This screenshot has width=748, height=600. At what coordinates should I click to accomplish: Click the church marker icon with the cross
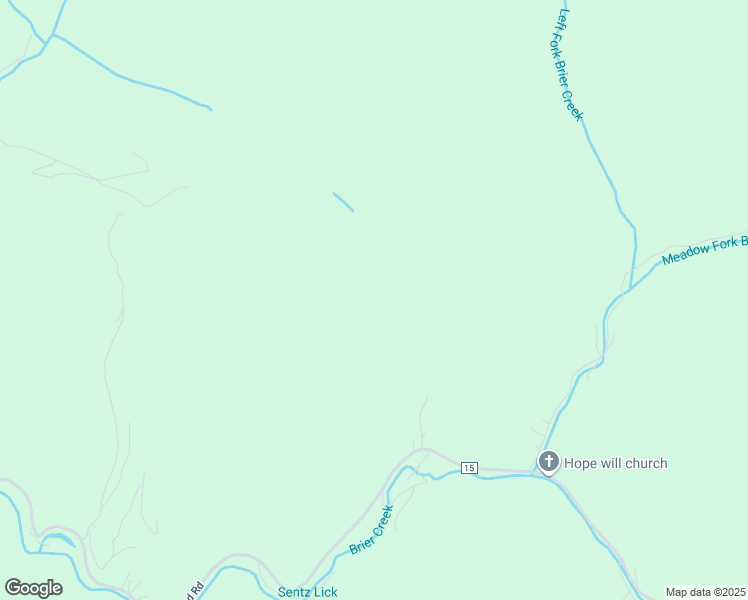(x=548, y=462)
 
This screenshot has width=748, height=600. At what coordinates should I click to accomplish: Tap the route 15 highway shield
(x=470, y=468)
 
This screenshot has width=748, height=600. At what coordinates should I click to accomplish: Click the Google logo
(x=33, y=588)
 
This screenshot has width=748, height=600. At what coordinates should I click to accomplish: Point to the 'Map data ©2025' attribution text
(x=706, y=592)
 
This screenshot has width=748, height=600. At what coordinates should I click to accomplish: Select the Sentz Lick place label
(x=307, y=592)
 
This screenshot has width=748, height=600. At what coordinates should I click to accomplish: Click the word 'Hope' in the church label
(x=581, y=463)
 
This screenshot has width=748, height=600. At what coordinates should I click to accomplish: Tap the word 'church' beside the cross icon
(x=646, y=463)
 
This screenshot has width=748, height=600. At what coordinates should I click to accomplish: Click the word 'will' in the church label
(x=612, y=463)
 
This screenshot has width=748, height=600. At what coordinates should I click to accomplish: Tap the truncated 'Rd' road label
(x=197, y=588)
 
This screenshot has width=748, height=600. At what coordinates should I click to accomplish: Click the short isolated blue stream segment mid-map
(x=343, y=202)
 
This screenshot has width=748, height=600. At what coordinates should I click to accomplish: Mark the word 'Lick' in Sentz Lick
(x=325, y=592)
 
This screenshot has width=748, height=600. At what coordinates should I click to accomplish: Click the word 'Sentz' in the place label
(x=294, y=592)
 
